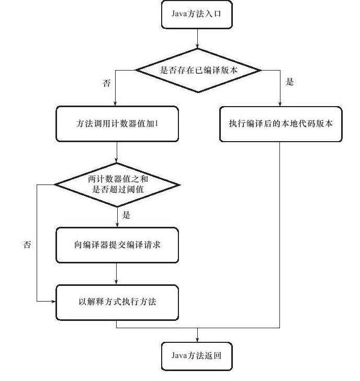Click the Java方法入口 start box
coord(197,15)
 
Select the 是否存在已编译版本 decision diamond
coord(198,70)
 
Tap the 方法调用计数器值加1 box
coord(117,124)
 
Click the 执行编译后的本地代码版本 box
coord(280,124)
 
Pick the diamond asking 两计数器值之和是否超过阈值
coord(117,184)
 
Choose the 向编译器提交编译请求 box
coord(117,245)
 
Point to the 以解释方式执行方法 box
coord(117,302)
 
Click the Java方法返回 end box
coord(197,356)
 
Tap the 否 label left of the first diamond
coord(107,83)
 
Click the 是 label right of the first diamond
coord(290,82)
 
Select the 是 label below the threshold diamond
coord(126,215)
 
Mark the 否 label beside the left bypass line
coord(27,244)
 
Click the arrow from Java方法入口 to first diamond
coord(197,39)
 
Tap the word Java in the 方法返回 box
coord(178,356)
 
